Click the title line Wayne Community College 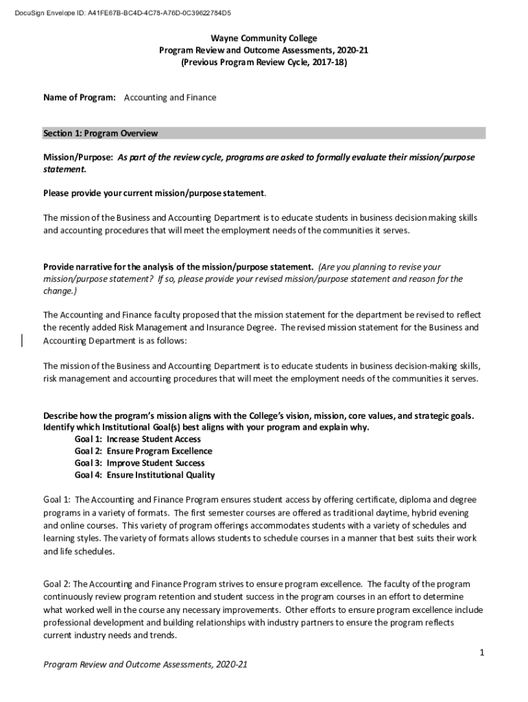point(264,38)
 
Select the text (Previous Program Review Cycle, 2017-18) point(264,62)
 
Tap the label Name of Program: point(80,97)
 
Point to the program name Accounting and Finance point(170,97)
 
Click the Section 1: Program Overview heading point(100,133)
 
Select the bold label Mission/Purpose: point(77,157)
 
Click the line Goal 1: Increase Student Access point(137,439)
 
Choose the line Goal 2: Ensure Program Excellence point(143,451)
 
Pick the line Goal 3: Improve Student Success point(139,463)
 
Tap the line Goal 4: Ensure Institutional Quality point(144,475)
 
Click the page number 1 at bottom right point(482,653)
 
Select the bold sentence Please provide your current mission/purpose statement point(154,192)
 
